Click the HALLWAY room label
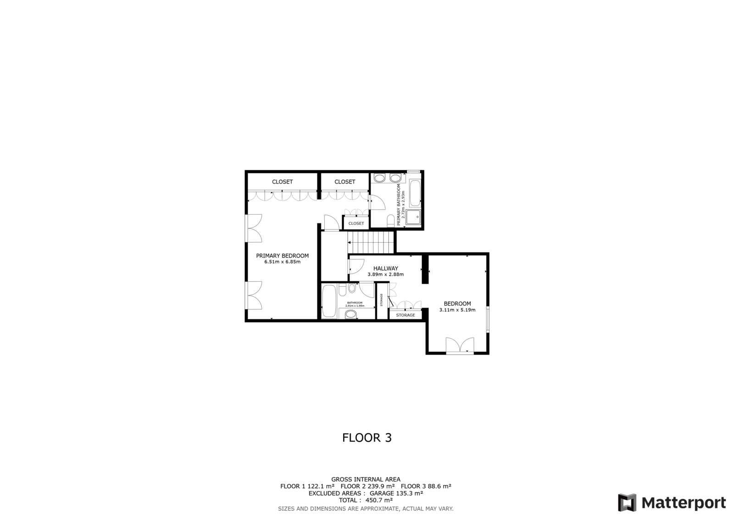pos(385,268)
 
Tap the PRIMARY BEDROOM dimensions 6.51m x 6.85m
pos(282,262)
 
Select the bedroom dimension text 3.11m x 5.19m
pos(457,310)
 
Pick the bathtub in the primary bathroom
pos(415,193)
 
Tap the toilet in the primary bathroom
pos(390,221)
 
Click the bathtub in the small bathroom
pos(329,301)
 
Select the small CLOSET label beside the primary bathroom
pos(356,223)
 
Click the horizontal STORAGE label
pos(406,315)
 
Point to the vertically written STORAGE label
pos(381,300)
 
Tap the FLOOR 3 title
pos(367,438)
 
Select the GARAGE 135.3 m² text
pos(396,493)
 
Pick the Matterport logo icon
pos(627,502)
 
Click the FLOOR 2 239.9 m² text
pos(367,486)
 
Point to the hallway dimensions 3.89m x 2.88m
pos(385,274)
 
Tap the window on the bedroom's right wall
pos(488,319)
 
